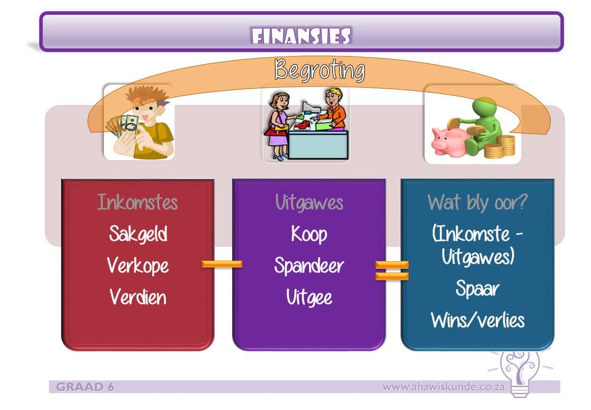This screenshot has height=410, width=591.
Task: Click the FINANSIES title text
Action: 301,36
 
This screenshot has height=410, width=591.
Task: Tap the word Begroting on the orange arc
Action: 319,70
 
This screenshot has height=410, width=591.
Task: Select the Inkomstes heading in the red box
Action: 137,202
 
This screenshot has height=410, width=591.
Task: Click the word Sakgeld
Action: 137,234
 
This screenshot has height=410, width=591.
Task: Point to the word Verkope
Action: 137,266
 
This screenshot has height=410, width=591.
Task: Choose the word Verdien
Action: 137,297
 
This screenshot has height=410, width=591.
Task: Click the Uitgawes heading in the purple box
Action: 309,202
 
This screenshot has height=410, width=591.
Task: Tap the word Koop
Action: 309,234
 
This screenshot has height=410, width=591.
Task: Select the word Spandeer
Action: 309,266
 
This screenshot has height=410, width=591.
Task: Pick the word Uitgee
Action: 309,297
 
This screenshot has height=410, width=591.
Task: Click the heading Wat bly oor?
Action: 477,202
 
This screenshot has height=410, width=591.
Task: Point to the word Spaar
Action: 477,289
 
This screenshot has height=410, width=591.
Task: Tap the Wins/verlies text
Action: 477,320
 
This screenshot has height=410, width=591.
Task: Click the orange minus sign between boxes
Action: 222,264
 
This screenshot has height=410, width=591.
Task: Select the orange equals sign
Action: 392,270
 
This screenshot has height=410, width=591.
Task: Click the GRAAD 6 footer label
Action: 85,387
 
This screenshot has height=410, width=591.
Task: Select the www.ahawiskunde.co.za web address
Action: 443,387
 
